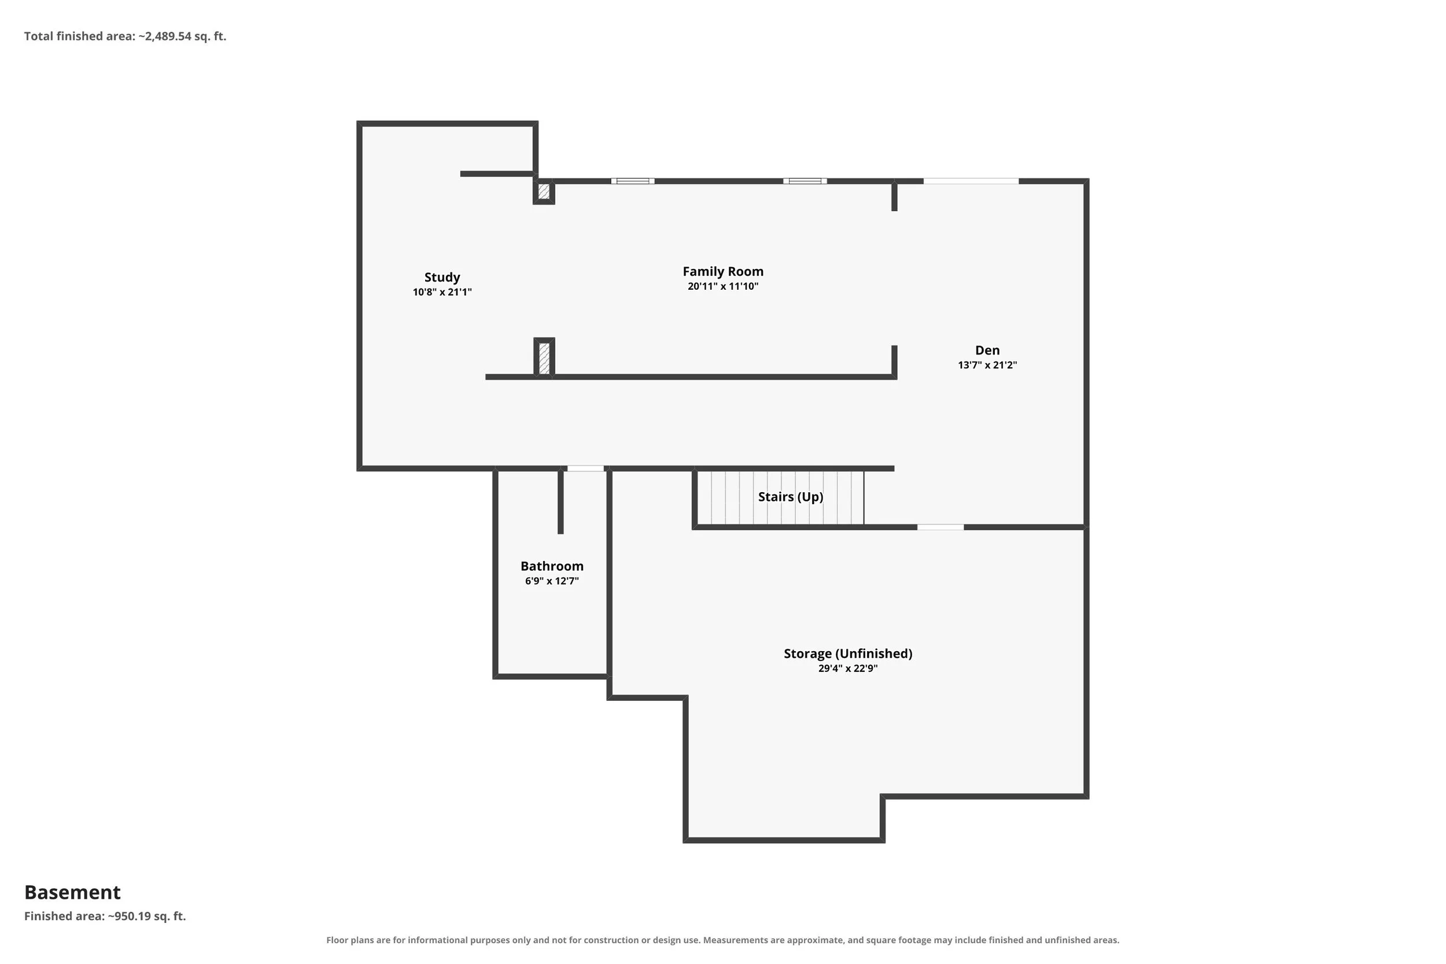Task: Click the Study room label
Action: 442,277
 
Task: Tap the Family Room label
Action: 723,271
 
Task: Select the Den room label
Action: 987,350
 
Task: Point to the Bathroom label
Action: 552,566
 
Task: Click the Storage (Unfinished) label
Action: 848,653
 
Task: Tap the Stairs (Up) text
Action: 791,497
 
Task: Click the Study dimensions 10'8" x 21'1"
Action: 442,292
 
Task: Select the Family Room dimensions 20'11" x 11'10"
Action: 723,286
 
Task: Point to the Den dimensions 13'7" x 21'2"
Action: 987,364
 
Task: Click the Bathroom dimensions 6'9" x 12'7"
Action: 552,581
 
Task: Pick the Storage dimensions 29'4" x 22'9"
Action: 848,668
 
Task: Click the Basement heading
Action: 72,892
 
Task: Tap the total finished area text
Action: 126,36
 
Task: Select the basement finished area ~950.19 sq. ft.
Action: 105,916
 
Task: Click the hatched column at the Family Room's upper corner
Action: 544,191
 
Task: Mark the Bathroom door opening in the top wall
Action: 585,468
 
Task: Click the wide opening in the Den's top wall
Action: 971,182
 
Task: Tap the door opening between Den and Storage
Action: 940,527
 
